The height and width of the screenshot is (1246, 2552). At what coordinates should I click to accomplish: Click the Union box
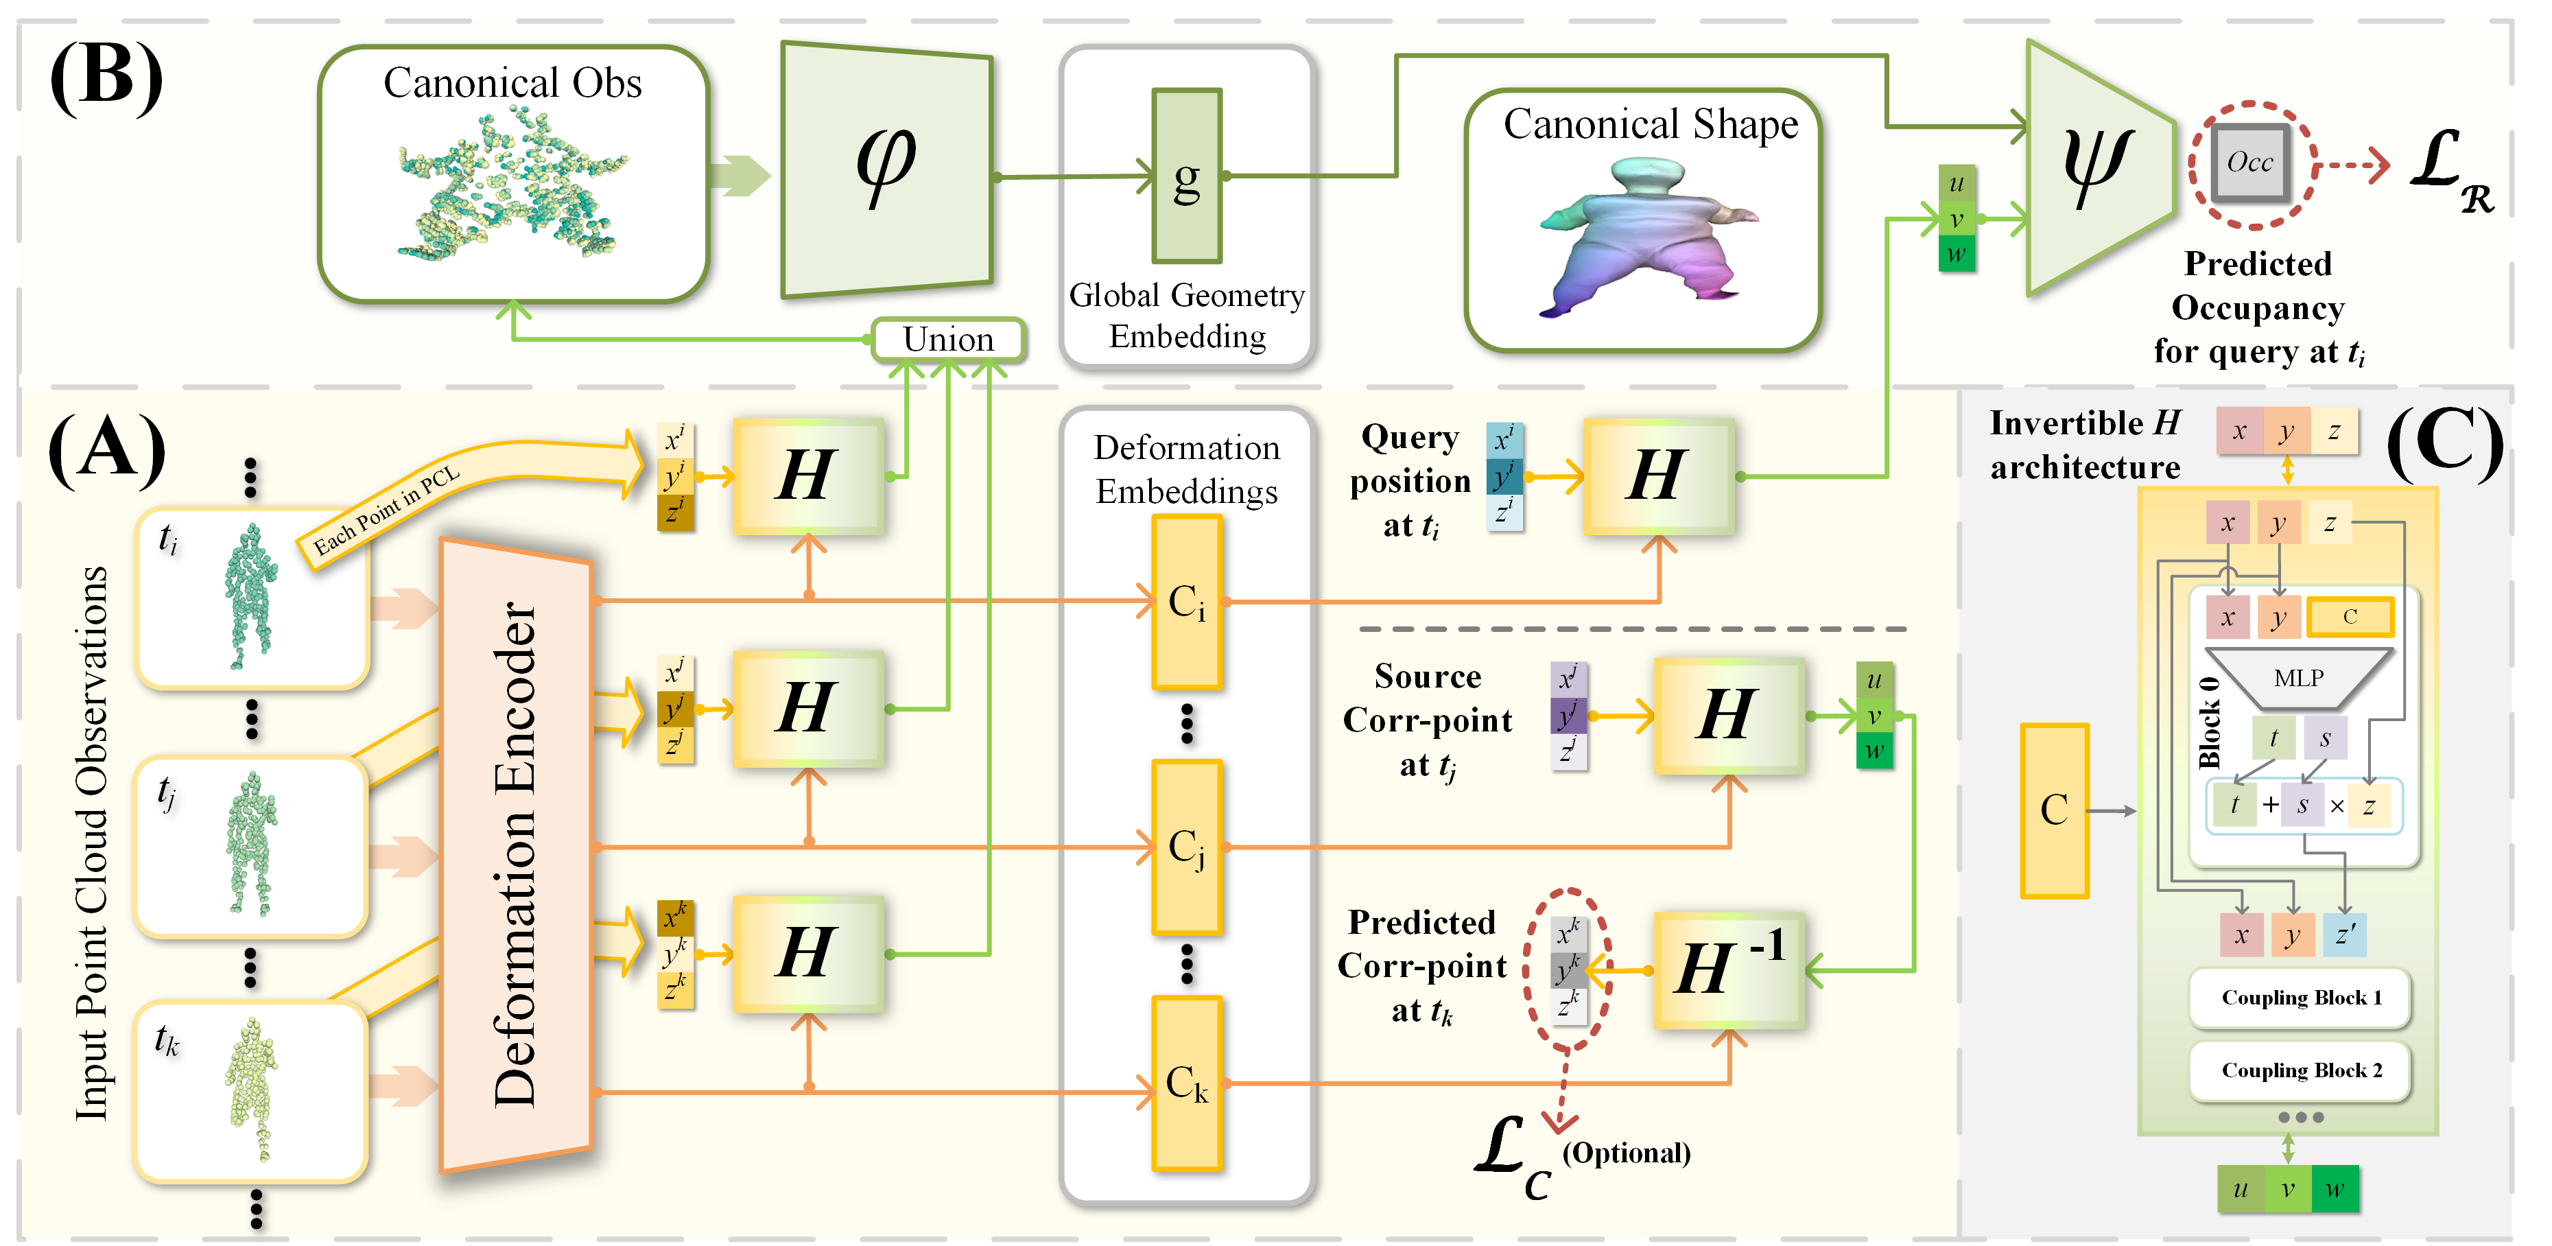[x=947, y=340]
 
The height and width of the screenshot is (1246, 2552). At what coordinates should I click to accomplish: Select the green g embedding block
[x=1186, y=176]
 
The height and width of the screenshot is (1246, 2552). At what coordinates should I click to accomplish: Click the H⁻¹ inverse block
[x=1729, y=969]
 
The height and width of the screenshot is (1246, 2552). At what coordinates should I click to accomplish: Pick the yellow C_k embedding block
[x=1186, y=1083]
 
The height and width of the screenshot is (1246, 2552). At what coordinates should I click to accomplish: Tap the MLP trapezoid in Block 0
[x=2297, y=679]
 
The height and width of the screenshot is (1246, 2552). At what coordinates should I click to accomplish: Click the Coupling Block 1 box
[x=2300, y=998]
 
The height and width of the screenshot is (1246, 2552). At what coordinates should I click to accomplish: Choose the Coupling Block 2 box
[x=2300, y=1070]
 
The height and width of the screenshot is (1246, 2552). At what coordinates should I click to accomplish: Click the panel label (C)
[x=2445, y=445]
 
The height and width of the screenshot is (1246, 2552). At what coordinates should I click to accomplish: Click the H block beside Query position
[x=1658, y=475]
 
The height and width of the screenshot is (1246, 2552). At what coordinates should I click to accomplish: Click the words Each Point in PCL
[x=386, y=510]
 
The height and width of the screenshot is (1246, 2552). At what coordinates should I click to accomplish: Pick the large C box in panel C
[x=2054, y=810]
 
